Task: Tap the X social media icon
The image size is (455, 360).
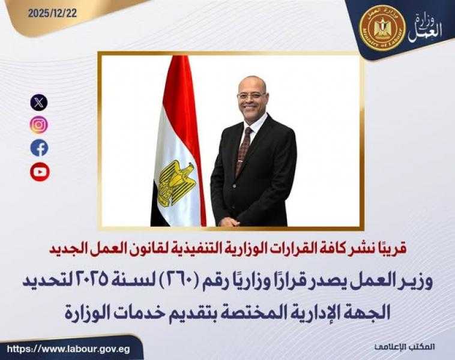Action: (39, 102)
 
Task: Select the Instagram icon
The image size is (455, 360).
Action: (39, 125)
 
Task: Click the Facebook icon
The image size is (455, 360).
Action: (39, 148)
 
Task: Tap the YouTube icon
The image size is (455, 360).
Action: (39, 172)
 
